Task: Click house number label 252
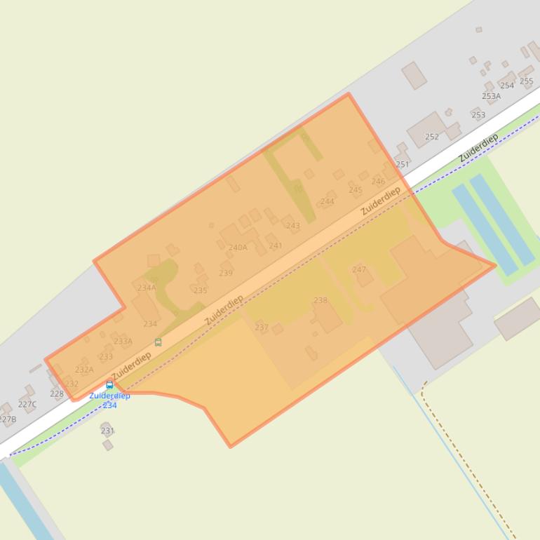(432, 137)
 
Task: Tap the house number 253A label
(491, 96)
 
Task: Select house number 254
(507, 86)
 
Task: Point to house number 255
(526, 81)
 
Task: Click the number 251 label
(402, 165)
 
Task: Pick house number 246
(378, 182)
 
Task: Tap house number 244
(327, 202)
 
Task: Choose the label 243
(292, 226)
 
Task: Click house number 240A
(238, 248)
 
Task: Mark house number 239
(225, 274)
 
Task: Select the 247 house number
(359, 269)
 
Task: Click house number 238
(320, 300)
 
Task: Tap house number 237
(262, 327)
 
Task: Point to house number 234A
(147, 288)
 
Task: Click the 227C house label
(27, 405)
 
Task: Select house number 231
(107, 431)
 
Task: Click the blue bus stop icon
(109, 384)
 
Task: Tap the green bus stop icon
(158, 342)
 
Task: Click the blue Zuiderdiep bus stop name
(109, 396)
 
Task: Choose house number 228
(57, 393)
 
